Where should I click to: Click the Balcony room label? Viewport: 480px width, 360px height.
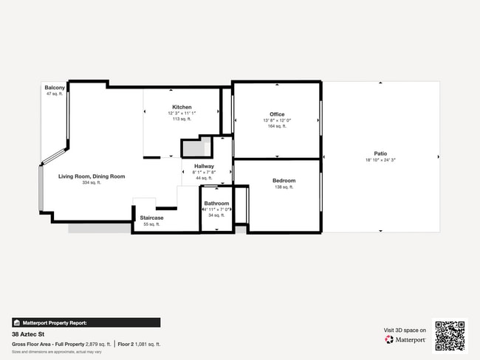pos(55,88)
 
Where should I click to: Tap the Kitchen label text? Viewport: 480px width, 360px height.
pos(182,107)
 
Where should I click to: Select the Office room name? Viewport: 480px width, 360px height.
pos(277,114)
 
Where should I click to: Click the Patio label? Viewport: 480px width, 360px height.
pos(380,153)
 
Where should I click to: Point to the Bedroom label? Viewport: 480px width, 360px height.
pos(284,181)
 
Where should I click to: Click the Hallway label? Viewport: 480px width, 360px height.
pos(204,166)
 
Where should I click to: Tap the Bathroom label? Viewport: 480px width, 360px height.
pos(216,203)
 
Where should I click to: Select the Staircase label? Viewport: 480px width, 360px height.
pos(151,218)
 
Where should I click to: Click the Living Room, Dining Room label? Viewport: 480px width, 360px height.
pos(92,176)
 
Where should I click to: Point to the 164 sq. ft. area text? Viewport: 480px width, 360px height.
pos(277,126)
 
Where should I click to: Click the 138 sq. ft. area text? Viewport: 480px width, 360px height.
pos(284,187)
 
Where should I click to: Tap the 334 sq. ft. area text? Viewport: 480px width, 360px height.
pos(92,182)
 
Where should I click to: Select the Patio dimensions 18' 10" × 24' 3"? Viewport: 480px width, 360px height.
pos(380,160)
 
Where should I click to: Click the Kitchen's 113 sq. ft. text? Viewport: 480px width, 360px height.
pos(182,119)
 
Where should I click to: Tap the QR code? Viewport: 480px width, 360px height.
pos(450,336)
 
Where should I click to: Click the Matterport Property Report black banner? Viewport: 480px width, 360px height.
pos(86,322)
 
